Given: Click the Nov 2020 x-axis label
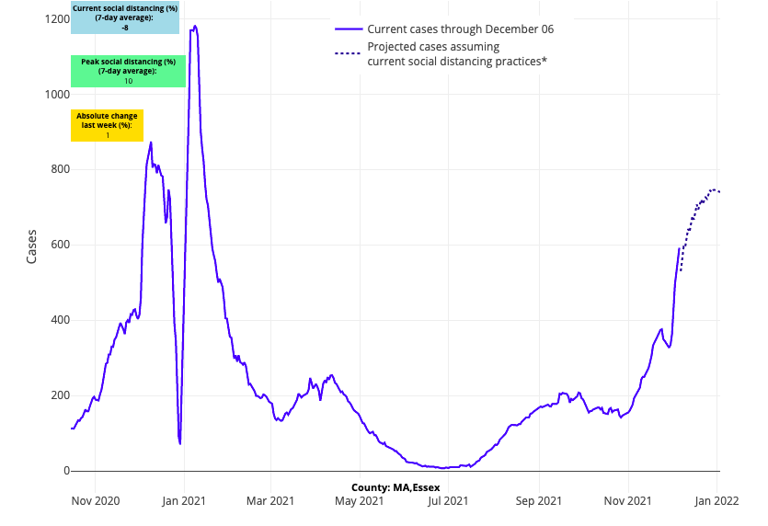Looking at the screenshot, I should click(95, 501).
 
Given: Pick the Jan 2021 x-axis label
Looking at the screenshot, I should click(184, 501).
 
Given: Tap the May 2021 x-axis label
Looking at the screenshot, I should click(359, 501).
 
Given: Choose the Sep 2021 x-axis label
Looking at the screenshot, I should click(538, 501).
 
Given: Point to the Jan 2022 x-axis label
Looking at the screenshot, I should click(716, 501).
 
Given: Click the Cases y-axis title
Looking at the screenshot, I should click(31, 246).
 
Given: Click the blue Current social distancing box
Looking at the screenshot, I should click(125, 17).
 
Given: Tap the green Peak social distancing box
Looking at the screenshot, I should click(128, 71).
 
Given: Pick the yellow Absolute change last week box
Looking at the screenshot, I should click(107, 125).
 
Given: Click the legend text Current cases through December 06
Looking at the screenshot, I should click(460, 29).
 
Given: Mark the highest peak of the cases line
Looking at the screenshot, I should click(195, 26).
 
